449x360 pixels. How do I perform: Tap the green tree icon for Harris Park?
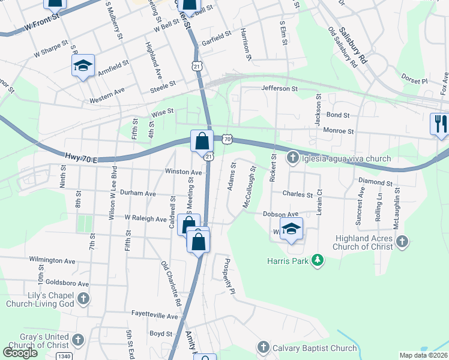(319, 260)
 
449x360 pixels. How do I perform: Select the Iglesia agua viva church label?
(348, 158)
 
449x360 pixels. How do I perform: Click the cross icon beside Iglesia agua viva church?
(292, 158)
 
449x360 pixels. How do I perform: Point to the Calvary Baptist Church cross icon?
(263, 347)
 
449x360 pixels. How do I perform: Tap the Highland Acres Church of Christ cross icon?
(402, 242)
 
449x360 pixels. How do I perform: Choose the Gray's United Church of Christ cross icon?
(77, 340)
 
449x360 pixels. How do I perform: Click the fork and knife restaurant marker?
(440, 124)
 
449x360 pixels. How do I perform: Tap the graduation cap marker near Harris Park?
(291, 229)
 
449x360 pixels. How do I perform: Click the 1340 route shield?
(65, 355)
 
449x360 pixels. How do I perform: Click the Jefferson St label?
(279, 88)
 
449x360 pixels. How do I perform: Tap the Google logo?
(20, 353)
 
